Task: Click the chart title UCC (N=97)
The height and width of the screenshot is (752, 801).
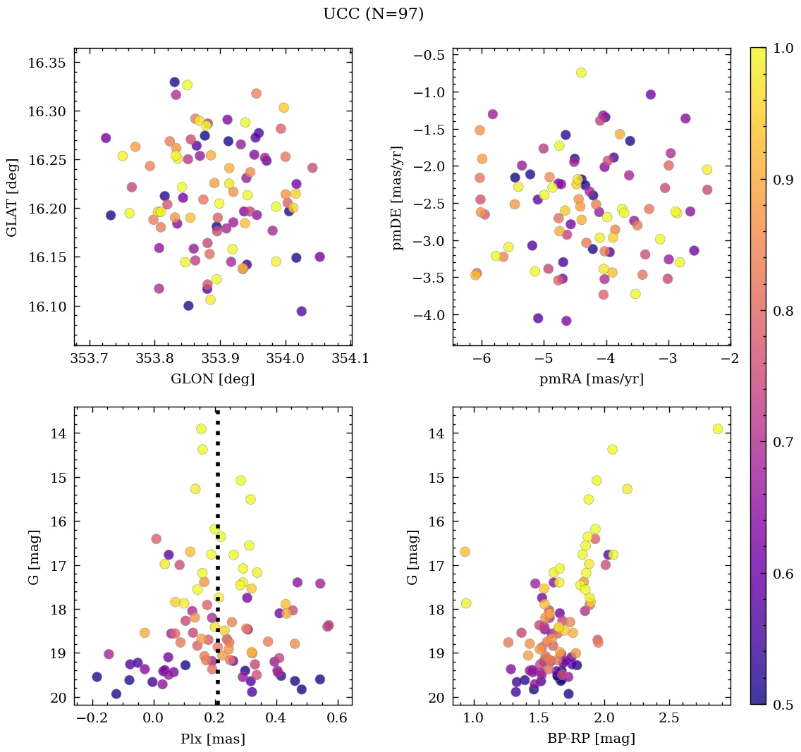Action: [373, 14]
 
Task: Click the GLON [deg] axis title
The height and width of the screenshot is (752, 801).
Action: [213, 379]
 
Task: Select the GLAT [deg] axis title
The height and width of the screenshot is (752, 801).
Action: [12, 197]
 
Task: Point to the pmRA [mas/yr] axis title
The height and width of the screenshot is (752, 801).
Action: [592, 379]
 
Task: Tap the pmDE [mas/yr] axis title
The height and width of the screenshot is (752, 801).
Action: [398, 197]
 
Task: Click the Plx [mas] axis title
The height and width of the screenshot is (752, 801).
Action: [213, 739]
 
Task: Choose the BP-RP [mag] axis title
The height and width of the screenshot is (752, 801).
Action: [592, 739]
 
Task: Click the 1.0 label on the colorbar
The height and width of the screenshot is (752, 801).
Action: [782, 48]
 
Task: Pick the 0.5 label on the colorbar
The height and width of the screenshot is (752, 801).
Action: [782, 705]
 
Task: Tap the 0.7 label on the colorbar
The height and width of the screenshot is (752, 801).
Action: [782, 442]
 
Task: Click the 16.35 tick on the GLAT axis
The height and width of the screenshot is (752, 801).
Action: [47, 63]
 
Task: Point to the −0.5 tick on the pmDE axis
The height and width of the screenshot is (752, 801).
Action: [428, 56]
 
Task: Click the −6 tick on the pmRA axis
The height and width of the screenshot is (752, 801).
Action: [482, 358]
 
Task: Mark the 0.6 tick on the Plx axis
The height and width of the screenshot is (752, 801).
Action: [338, 717]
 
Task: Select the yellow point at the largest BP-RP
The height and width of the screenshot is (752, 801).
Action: [718, 429]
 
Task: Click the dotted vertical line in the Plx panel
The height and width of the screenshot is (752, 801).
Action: [217, 564]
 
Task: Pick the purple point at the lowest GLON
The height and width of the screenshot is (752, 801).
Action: [106, 138]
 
